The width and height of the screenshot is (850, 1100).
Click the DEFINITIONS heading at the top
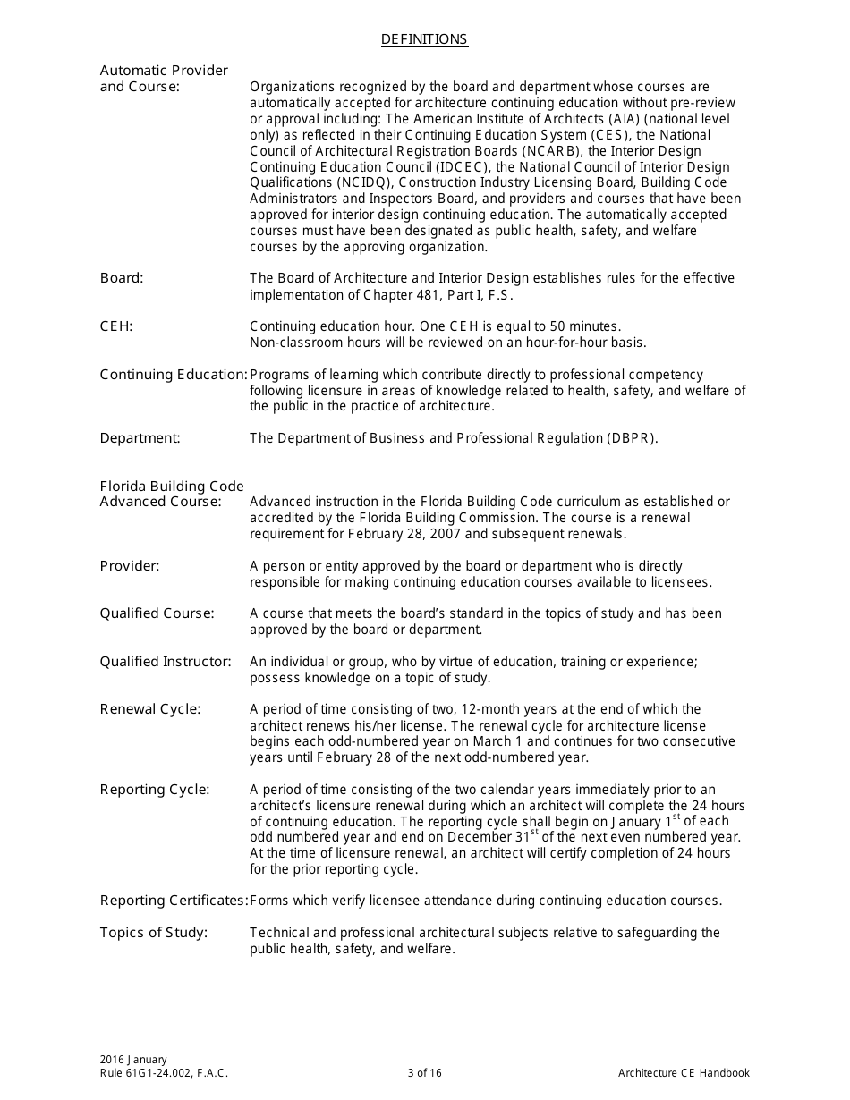[424, 39]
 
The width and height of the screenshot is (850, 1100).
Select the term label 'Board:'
[122, 278]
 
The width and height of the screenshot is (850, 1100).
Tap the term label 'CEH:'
[116, 326]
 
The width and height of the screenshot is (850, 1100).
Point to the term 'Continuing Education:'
[174, 375]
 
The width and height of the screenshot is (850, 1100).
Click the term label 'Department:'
[140, 438]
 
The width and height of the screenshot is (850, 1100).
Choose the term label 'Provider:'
[130, 566]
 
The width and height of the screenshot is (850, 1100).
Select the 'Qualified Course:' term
[157, 613]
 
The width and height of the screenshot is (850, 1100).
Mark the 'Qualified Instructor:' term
[166, 662]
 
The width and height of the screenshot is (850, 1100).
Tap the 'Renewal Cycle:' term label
[150, 709]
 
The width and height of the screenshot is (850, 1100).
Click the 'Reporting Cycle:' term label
[155, 790]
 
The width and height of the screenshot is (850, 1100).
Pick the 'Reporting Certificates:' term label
[174, 901]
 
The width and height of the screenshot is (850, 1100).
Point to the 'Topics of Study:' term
[153, 933]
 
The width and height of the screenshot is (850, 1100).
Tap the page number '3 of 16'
[424, 1073]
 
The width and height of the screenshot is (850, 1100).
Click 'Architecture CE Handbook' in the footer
[684, 1073]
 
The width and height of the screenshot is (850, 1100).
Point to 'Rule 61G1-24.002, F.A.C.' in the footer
[164, 1073]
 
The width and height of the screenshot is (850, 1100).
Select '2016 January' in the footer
[133, 1060]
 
